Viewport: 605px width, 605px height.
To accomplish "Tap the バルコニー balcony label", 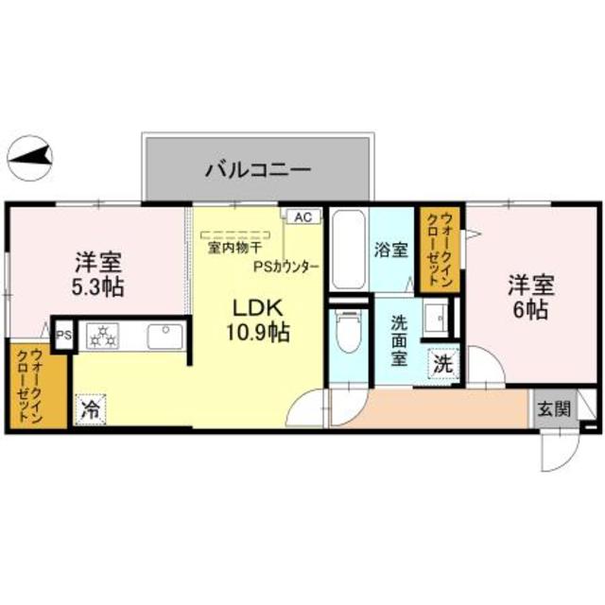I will pyautogui.click(x=258, y=171).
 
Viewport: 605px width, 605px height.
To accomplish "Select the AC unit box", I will pyautogui.click(x=302, y=216).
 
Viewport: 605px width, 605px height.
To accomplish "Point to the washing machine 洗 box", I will pyautogui.click(x=442, y=362).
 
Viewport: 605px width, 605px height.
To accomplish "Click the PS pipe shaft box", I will pyautogui.click(x=64, y=335).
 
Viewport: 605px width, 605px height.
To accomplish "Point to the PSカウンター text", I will pyautogui.click(x=285, y=266).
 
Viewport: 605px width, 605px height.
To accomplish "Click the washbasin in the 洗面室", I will pyautogui.click(x=438, y=320).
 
